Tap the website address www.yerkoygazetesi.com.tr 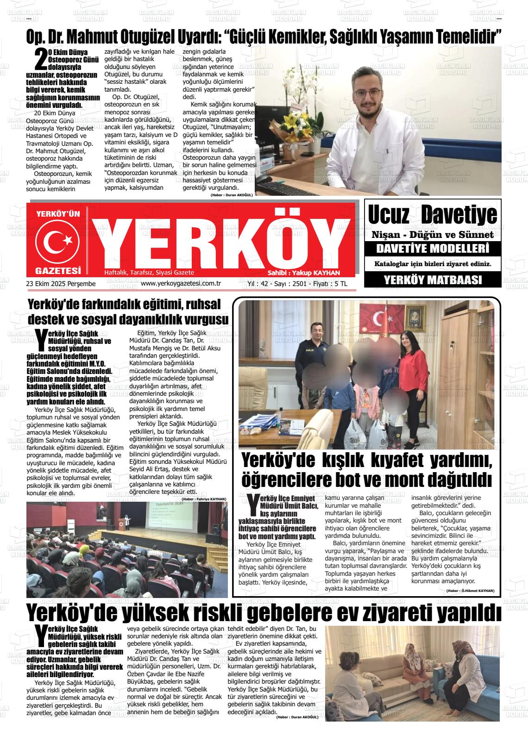pos(180,284)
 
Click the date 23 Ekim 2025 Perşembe pos(61,284)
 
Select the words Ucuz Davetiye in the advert pos(432,214)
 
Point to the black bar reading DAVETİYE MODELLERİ pos(433,249)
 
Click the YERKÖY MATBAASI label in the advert pos(433,280)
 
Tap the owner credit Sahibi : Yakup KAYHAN pos(304,273)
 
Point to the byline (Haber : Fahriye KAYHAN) pos(204,499)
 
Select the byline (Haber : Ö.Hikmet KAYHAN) pos(470,591)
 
